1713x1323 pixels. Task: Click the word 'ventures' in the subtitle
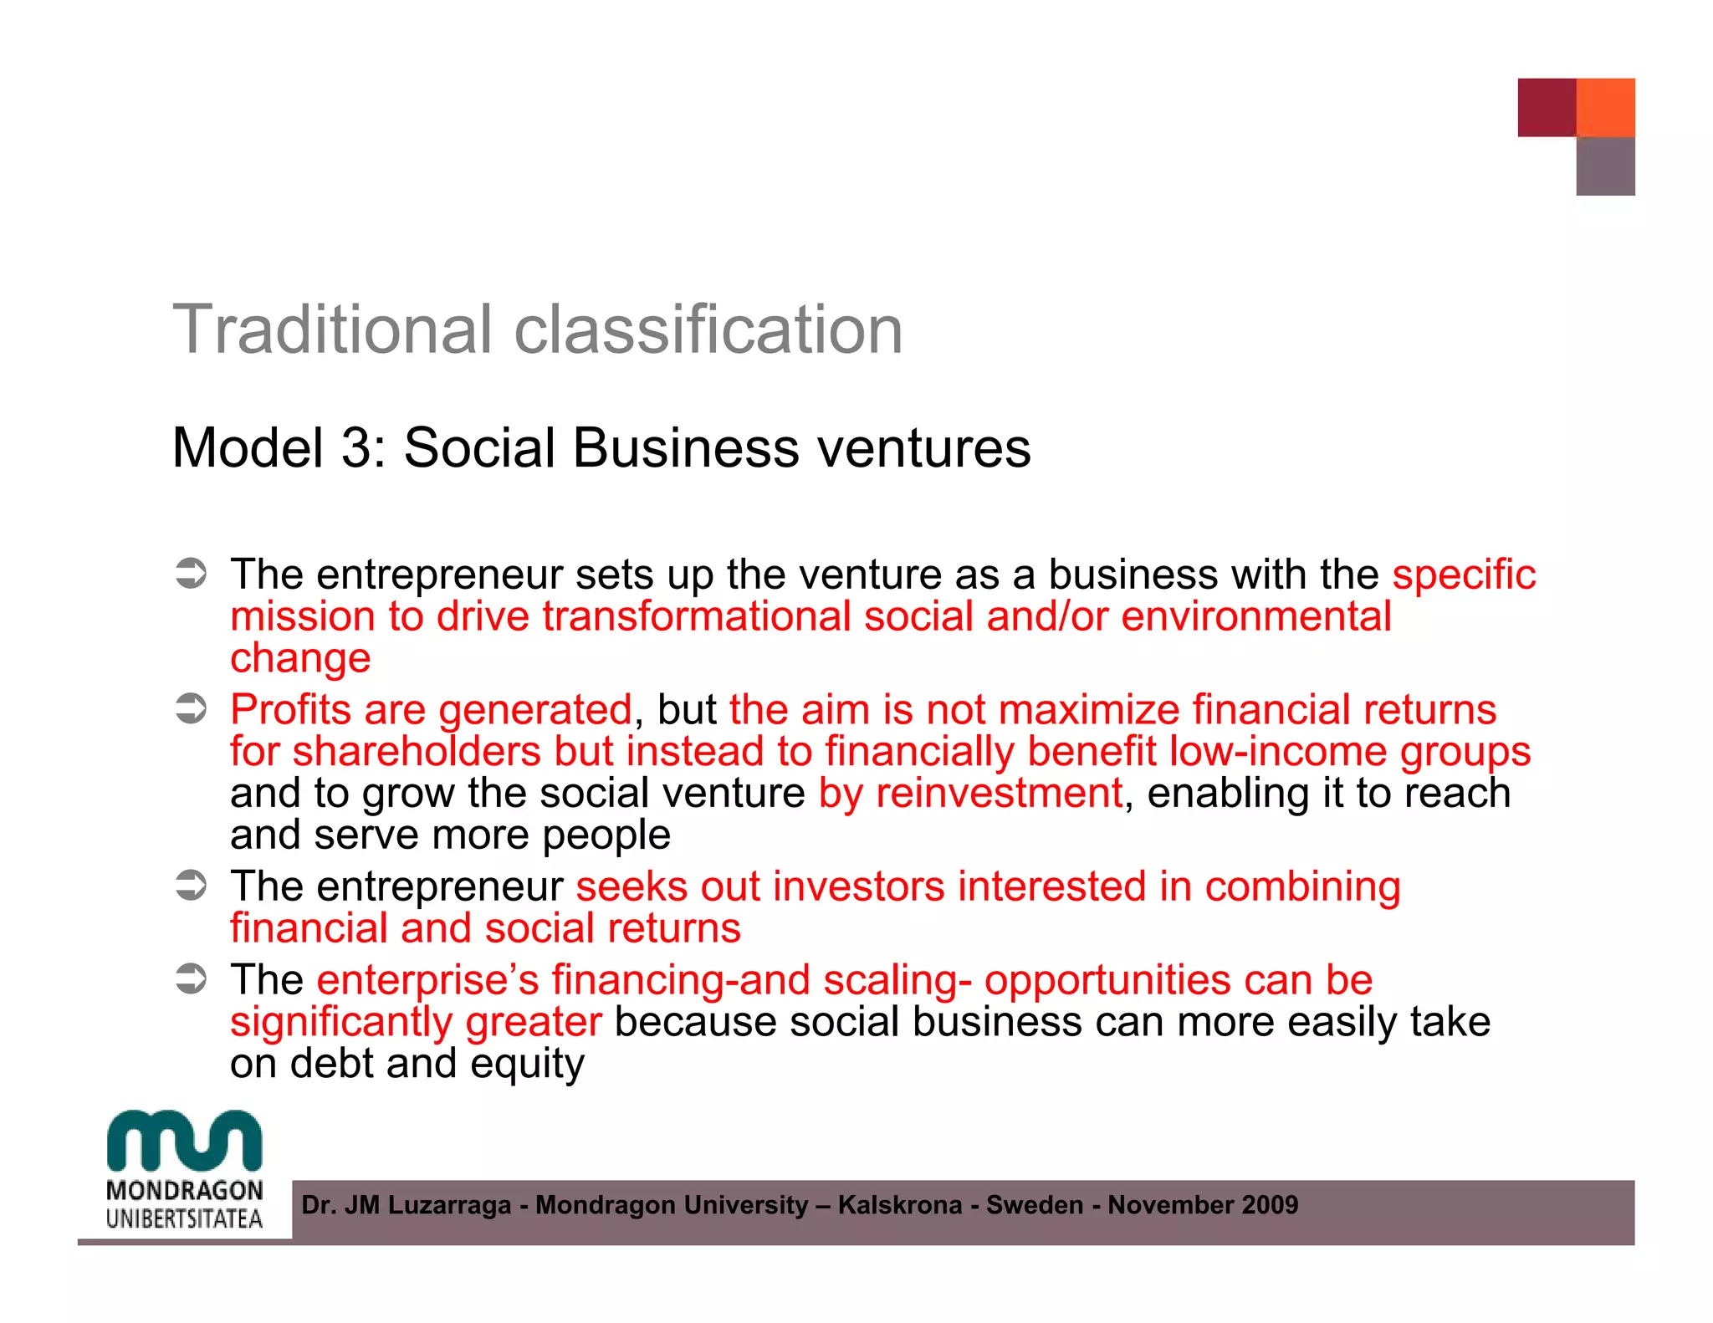923,449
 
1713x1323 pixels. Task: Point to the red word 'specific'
1464,575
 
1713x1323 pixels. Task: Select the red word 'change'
300,659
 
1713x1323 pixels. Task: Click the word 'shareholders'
417,751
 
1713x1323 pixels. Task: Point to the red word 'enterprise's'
428,980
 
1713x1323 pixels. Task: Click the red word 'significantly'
341,1022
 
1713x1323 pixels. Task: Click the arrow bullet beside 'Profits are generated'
191,709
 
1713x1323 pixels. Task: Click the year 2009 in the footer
1270,1205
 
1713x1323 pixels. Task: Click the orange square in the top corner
1605,107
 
